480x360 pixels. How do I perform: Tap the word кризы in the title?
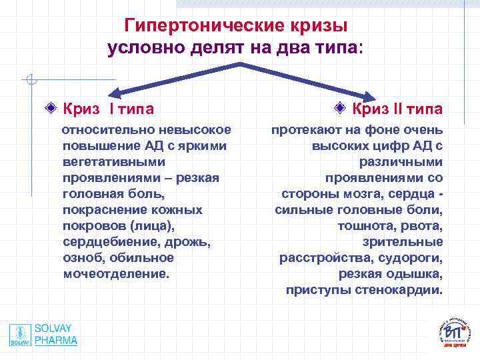click(x=316, y=25)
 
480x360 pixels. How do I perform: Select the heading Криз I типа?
click(x=107, y=108)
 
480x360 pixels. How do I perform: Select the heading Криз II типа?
click(x=397, y=108)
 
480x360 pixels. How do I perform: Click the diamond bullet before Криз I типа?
click(x=51, y=108)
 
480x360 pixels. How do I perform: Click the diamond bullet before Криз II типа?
click(x=340, y=108)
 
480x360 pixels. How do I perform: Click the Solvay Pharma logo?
click(x=43, y=335)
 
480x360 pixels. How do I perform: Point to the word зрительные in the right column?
click(x=403, y=242)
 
